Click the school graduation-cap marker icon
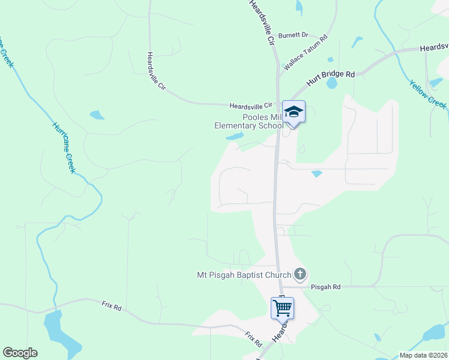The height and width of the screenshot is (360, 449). pyautogui.click(x=294, y=112)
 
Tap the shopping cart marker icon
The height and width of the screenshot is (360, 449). pyautogui.click(x=282, y=308)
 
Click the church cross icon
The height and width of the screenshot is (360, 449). pyautogui.click(x=300, y=275)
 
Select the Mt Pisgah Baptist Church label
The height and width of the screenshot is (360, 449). pyautogui.click(x=244, y=275)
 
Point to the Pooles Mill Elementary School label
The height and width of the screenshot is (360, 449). pyautogui.click(x=249, y=121)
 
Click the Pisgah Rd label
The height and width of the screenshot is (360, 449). pyautogui.click(x=326, y=287)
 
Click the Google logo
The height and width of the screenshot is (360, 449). pyautogui.click(x=20, y=353)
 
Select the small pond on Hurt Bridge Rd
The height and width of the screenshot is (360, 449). pyautogui.click(x=331, y=83)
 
